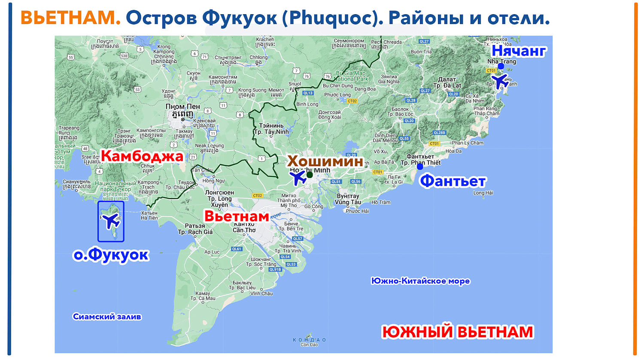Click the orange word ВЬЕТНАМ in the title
click(x=70, y=18)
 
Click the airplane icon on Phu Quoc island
click(x=111, y=221)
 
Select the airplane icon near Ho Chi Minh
click(x=298, y=177)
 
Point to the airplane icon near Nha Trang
click(x=499, y=81)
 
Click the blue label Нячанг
click(x=519, y=51)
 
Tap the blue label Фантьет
click(x=453, y=181)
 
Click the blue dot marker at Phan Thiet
click(x=420, y=167)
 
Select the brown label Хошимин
click(x=325, y=161)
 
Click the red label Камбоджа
click(x=142, y=156)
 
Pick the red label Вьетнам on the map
click(x=236, y=216)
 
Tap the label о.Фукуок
click(x=111, y=254)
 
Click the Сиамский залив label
click(x=107, y=317)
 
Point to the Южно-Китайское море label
click(x=420, y=281)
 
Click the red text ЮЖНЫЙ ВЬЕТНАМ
click(x=458, y=332)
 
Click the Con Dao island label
click(x=309, y=342)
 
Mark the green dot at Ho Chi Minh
click(x=310, y=175)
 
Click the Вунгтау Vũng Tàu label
click(x=348, y=199)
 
